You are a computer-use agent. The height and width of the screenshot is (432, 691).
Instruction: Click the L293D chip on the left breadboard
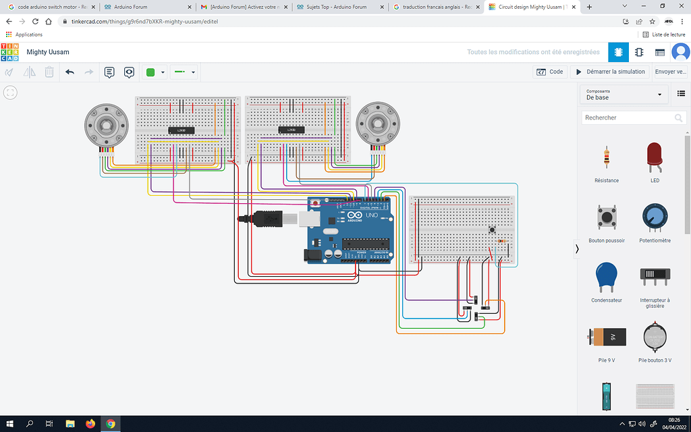[x=181, y=130]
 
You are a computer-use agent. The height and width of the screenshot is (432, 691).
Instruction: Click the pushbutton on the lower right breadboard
[x=492, y=230]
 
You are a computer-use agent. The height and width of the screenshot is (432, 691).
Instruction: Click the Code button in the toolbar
[x=550, y=72]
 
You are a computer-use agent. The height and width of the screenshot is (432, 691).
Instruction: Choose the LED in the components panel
[x=653, y=158]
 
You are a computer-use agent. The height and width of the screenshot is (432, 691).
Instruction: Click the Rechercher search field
[x=628, y=117]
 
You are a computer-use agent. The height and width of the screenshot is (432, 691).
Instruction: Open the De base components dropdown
[x=624, y=94]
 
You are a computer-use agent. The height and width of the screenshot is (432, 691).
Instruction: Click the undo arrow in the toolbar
[x=70, y=72]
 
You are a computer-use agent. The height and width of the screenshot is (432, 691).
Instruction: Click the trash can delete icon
[x=49, y=72]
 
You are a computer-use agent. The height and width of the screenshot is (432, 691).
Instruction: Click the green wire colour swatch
[x=150, y=72]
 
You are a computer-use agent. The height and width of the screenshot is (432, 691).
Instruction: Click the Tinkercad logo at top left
[x=10, y=52]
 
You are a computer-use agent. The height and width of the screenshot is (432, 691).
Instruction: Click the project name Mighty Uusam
[x=48, y=52]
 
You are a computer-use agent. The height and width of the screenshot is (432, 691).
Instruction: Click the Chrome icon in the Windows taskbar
[x=110, y=423]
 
